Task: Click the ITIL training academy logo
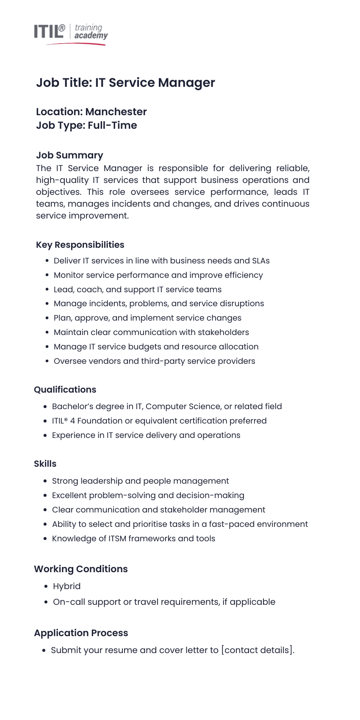point(71,33)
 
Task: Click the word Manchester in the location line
point(116,112)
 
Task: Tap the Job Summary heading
point(69,155)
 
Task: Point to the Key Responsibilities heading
point(80,245)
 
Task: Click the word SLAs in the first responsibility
point(260,261)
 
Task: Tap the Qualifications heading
point(65,390)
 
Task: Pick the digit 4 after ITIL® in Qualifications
point(72,421)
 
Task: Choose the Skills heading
point(45,464)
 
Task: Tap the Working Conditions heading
point(80,569)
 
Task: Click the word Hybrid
point(66,587)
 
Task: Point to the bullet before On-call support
point(46,602)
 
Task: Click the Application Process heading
point(81,633)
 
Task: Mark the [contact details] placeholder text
point(258,650)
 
